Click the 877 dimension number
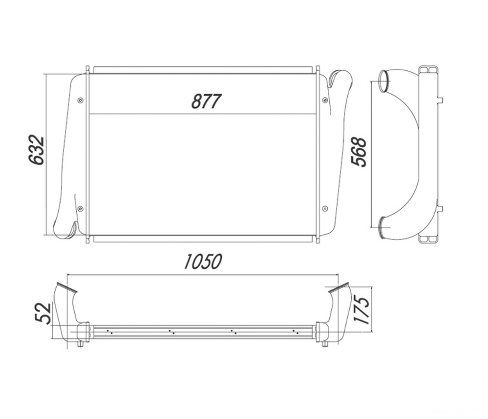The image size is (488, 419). point(206,101)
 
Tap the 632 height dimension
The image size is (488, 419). point(36,150)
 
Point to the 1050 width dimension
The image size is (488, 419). point(203,261)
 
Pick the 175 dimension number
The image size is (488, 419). point(361,310)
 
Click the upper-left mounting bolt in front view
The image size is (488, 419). point(81,100)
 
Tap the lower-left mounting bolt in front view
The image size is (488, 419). point(81,209)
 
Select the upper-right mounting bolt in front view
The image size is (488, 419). point(325,100)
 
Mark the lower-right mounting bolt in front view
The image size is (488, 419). point(325,209)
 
